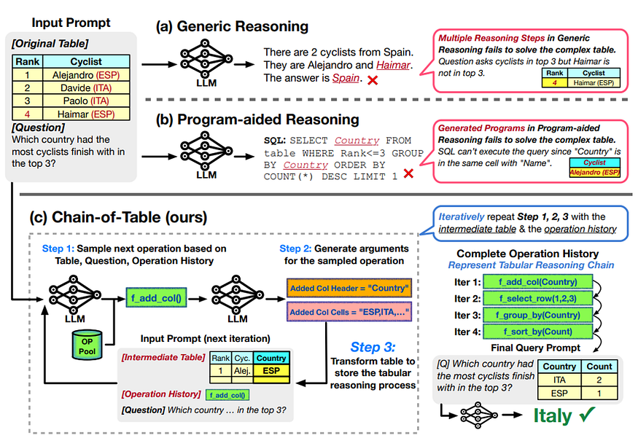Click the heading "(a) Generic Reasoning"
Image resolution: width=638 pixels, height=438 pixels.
[x=231, y=27]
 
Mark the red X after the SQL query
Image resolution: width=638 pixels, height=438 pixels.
[x=409, y=174]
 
